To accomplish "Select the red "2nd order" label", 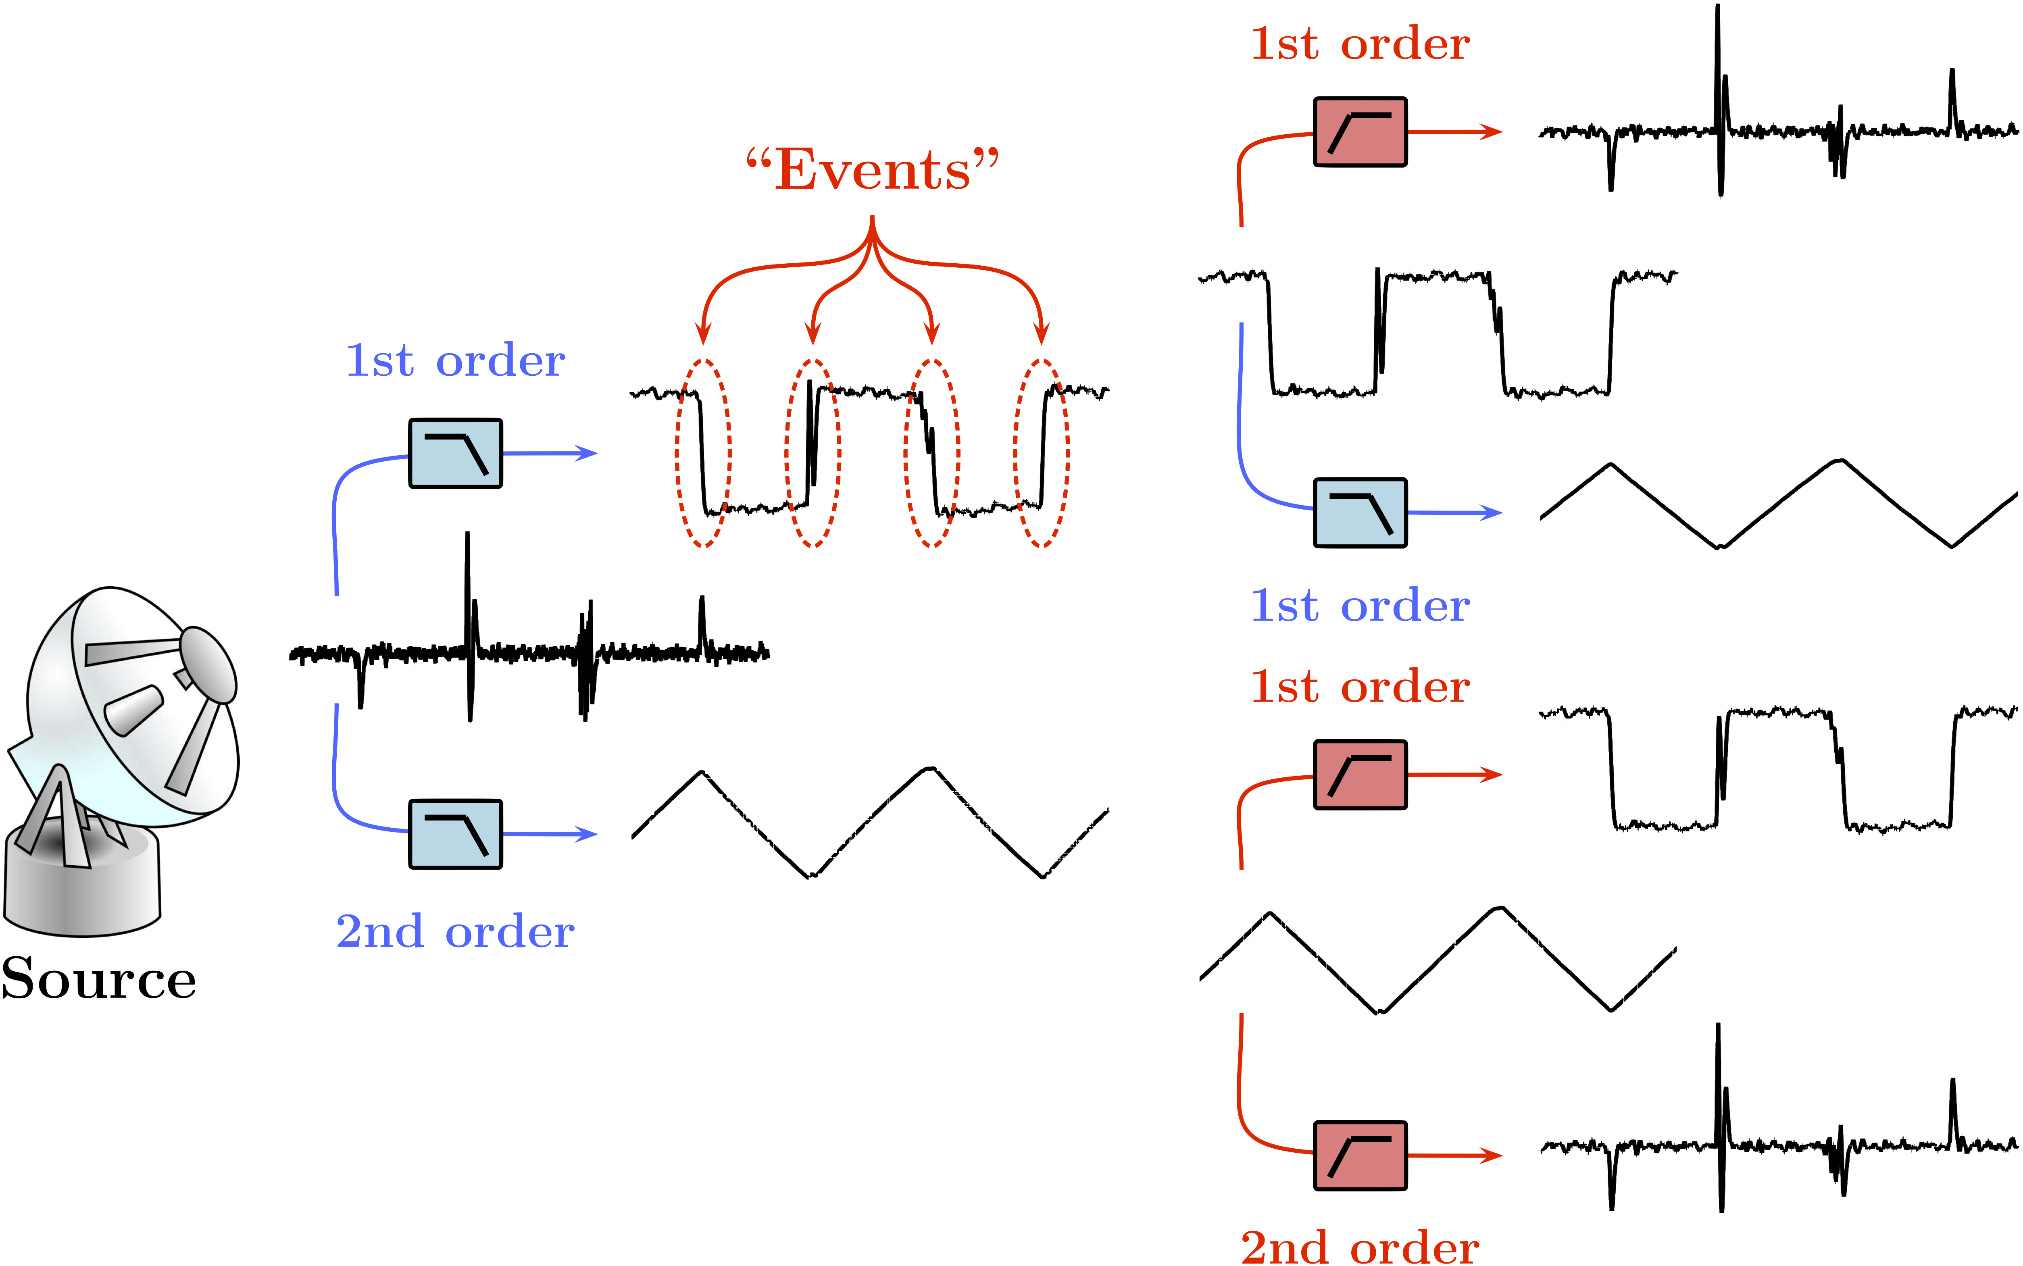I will pos(1360,1247).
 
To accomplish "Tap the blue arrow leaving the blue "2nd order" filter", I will pos(553,834).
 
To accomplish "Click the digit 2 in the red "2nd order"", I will pos(1256,1247).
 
